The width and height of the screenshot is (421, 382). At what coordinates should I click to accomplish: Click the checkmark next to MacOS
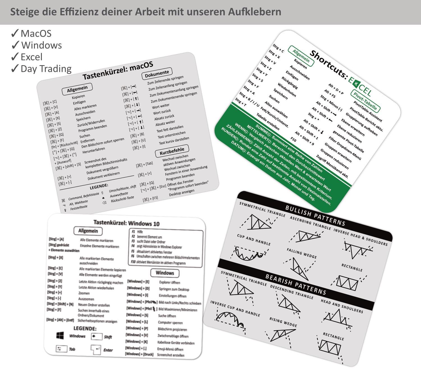coord(15,33)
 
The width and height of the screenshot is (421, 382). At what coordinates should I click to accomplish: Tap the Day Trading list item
coord(46,69)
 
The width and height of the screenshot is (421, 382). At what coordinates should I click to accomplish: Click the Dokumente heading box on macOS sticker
coord(157,74)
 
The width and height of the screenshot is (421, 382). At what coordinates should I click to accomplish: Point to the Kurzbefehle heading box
coord(172,152)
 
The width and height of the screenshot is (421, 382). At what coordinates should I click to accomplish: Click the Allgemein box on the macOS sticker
coord(77,89)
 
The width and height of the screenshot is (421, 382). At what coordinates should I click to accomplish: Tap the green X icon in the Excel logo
coord(356,83)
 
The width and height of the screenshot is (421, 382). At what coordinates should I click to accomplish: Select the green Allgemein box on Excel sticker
coord(301,56)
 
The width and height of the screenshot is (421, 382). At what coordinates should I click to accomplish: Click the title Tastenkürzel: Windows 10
coord(126,223)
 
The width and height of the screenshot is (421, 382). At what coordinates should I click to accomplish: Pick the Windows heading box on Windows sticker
coord(165,273)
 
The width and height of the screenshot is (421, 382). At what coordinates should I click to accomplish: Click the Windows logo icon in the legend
coord(60,335)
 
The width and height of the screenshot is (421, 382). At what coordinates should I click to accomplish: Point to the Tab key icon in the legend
coord(61,349)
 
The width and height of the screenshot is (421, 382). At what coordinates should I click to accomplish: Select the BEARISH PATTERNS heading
coord(296,284)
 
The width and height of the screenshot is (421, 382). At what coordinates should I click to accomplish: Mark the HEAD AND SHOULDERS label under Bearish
coord(342,306)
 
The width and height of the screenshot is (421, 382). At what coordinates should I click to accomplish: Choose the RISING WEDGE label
coord(283,322)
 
